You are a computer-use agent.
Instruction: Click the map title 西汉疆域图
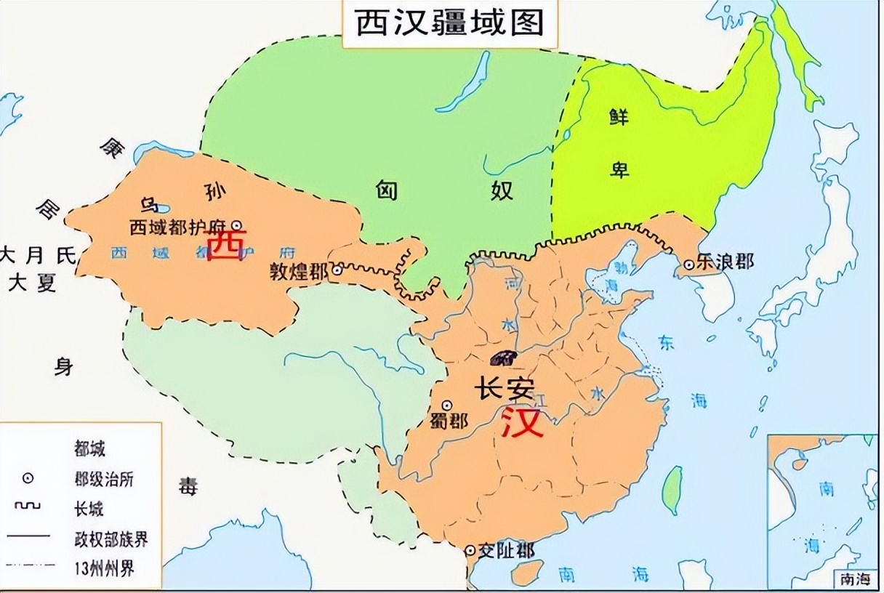(x=450, y=24)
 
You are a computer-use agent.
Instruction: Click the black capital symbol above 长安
(x=502, y=358)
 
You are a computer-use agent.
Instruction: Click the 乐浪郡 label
(x=724, y=262)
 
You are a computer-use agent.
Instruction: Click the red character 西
(x=226, y=245)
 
